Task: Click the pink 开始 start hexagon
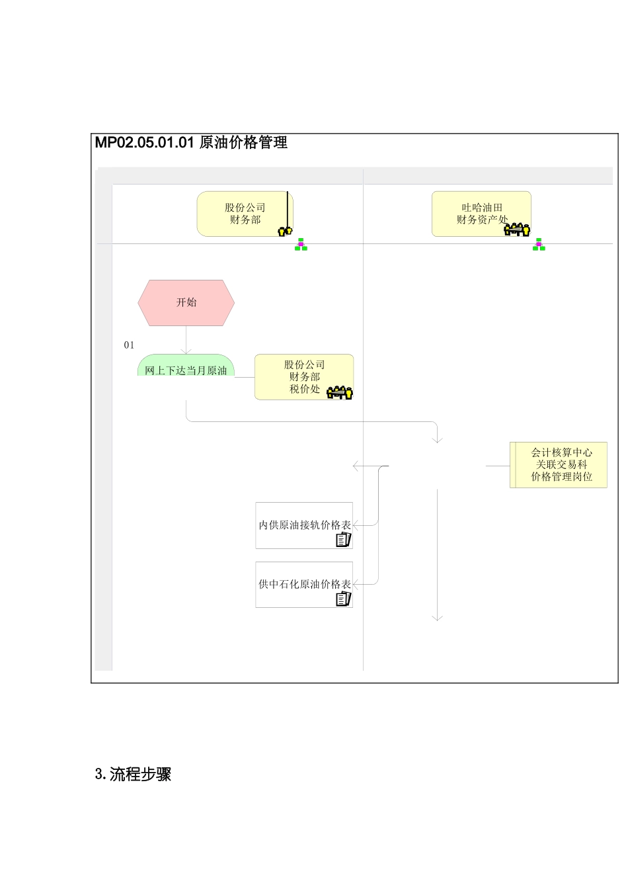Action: pyautogui.click(x=186, y=302)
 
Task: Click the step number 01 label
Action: pyautogui.click(x=129, y=345)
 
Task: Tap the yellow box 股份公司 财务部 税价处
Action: pyautogui.click(x=304, y=376)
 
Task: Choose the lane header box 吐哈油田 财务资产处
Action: pyautogui.click(x=481, y=214)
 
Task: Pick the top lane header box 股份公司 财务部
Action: pyautogui.click(x=245, y=214)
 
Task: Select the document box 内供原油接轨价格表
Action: pyautogui.click(x=304, y=525)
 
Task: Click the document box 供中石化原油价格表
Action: pyautogui.click(x=304, y=584)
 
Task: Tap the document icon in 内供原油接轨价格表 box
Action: pyautogui.click(x=343, y=540)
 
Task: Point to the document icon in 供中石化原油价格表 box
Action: pyautogui.click(x=343, y=599)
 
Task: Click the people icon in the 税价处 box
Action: pyautogui.click(x=340, y=392)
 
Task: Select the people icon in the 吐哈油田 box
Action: pyautogui.click(x=517, y=229)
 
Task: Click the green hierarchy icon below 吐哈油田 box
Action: pyautogui.click(x=539, y=245)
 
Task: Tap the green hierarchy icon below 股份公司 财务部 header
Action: pyautogui.click(x=301, y=245)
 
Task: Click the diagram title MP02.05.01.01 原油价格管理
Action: pyautogui.click(x=191, y=142)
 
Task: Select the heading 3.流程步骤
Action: pyautogui.click(x=134, y=775)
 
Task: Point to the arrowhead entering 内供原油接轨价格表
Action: pyautogui.click(x=356, y=525)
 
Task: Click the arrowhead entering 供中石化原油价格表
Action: pyautogui.click(x=356, y=584)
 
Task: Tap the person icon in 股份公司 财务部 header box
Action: pyautogui.click(x=285, y=230)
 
